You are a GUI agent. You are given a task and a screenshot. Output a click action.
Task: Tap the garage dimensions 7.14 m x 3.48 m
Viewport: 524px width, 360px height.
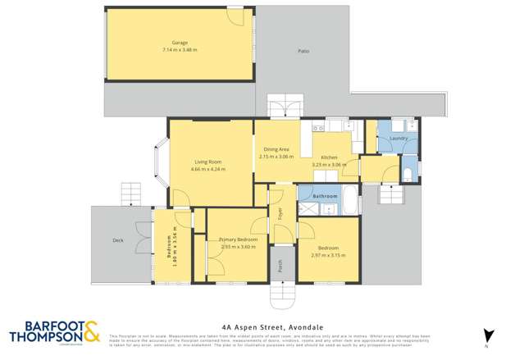tap(180, 49)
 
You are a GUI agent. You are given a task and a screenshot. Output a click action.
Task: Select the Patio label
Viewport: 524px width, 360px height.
tap(303, 52)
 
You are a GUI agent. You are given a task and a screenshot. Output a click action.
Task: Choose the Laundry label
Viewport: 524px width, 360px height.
tap(399, 139)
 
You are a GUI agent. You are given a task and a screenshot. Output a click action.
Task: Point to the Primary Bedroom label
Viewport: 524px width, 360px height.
tap(238, 239)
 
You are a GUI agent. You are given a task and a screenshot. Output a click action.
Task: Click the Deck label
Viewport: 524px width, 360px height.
tap(117, 240)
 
